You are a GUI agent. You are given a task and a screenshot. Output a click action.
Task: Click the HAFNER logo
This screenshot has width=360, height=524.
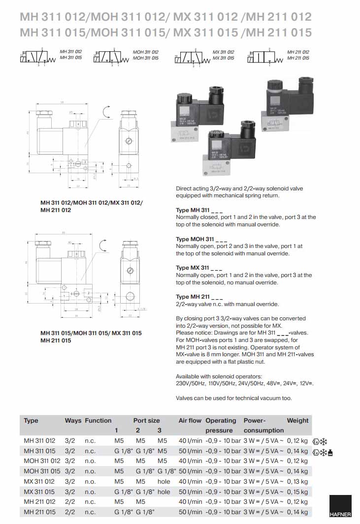point(340,507)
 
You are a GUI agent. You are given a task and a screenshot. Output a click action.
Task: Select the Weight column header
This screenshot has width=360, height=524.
point(297,421)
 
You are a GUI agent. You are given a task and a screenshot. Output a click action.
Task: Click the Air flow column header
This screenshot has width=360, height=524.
point(190,421)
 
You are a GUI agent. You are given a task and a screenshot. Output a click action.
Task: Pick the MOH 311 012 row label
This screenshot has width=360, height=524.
point(42,461)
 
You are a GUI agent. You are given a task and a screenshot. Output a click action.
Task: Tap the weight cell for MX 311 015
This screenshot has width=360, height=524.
point(297,492)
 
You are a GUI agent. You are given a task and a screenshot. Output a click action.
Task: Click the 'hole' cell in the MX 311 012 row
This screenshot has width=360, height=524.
point(164,482)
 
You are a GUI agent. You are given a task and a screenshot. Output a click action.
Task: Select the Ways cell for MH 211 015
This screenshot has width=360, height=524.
point(69,512)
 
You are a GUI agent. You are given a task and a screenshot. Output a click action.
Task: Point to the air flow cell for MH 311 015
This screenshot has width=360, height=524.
point(190,451)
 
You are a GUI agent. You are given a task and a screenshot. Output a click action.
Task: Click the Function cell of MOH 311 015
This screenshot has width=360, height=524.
point(90,471)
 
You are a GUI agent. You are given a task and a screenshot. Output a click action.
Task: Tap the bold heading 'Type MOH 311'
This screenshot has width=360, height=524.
point(199,239)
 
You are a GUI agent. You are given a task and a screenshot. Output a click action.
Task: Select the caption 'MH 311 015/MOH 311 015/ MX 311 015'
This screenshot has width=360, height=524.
point(91,333)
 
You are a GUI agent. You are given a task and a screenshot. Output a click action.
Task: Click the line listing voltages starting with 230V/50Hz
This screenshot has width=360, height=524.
point(245,383)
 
